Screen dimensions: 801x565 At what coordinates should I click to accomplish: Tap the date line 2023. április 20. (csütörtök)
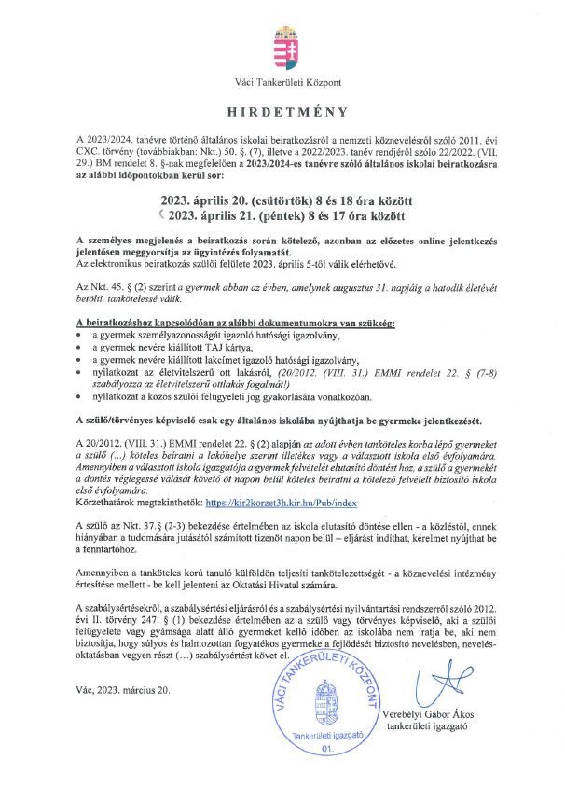click(x=286, y=200)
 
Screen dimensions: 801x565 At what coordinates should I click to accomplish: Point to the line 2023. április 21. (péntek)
click(x=286, y=216)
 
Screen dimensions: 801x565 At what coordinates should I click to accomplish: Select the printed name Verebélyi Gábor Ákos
click(x=449, y=714)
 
